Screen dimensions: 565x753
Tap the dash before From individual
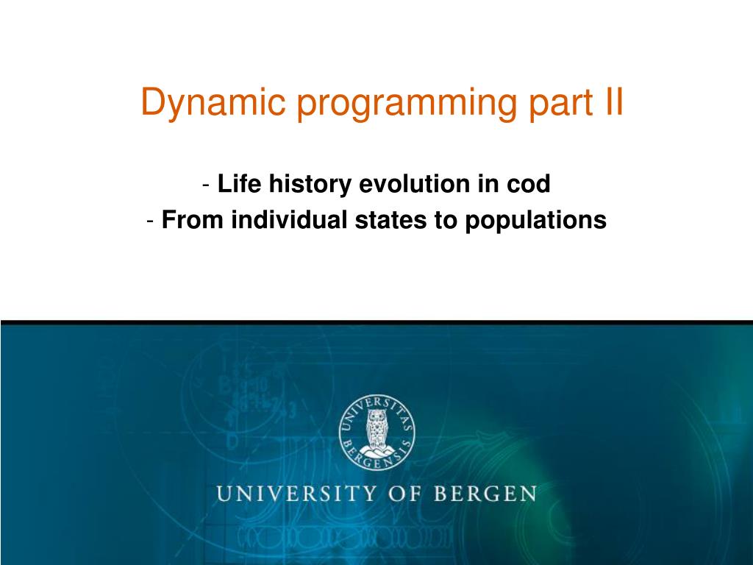tap(151, 220)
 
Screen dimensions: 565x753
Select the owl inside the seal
tap(376, 428)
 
